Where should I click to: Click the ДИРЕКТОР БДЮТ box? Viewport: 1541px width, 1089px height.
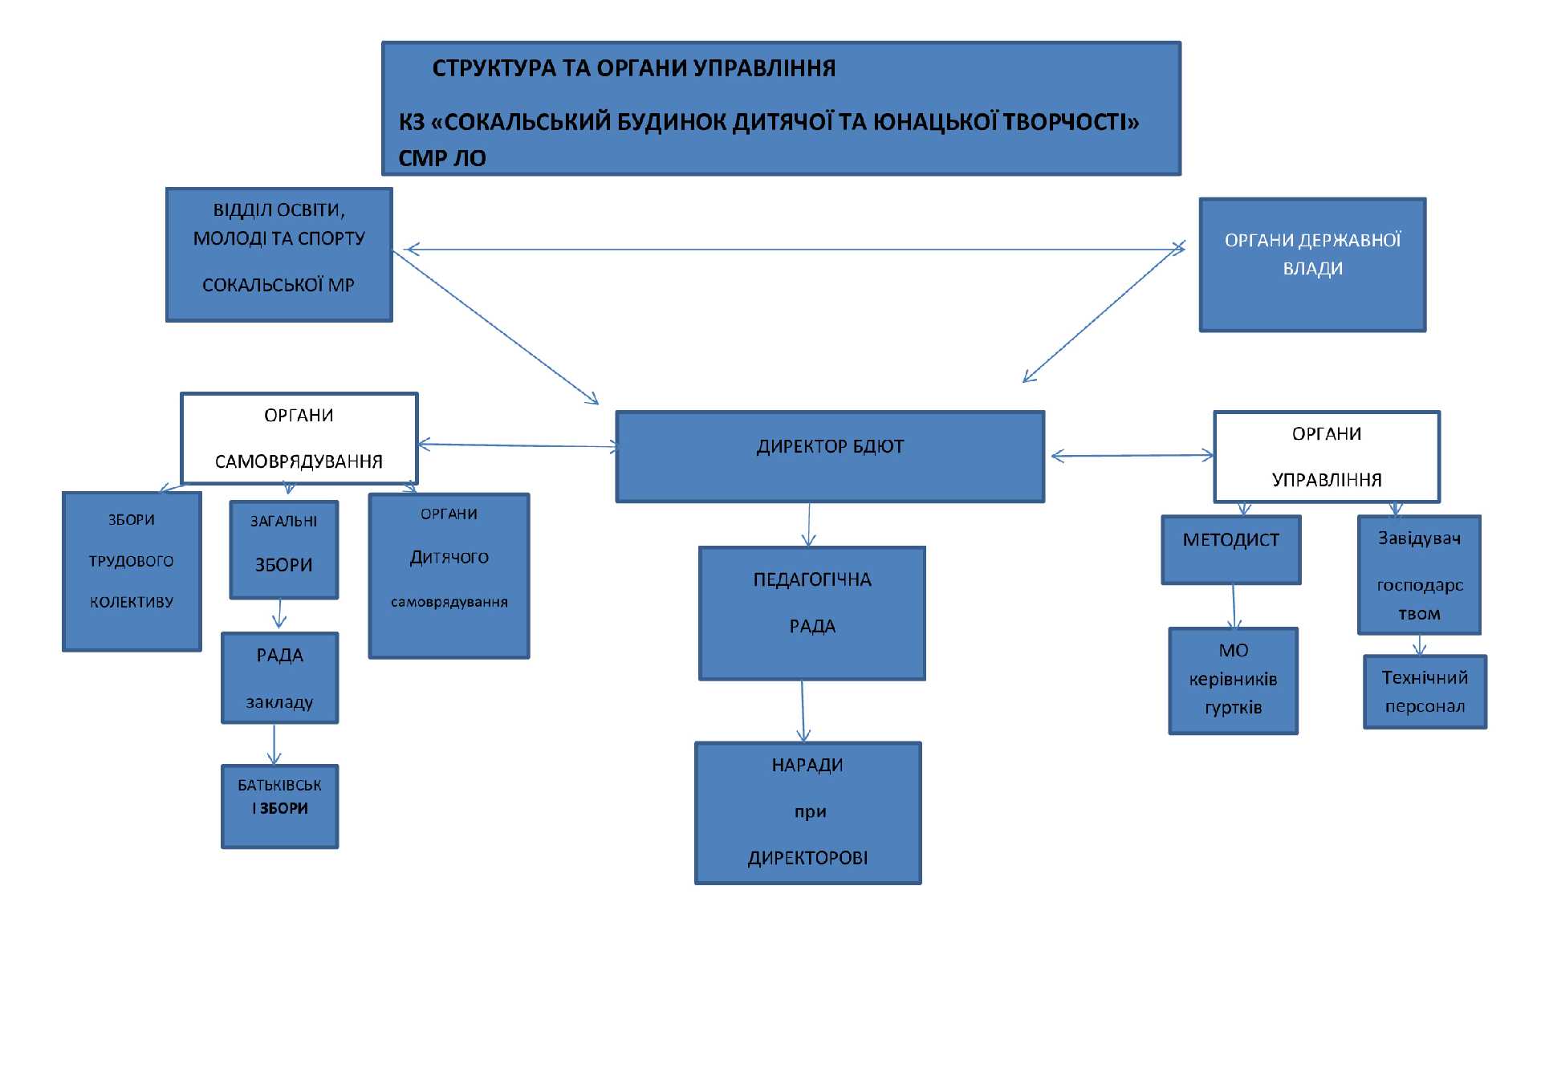tap(830, 457)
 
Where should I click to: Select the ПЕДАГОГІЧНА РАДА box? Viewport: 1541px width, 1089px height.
tap(811, 613)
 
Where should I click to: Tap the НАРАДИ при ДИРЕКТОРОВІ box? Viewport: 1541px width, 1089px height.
tap(807, 813)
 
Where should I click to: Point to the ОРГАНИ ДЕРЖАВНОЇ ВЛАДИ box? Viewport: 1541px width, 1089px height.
tap(1312, 264)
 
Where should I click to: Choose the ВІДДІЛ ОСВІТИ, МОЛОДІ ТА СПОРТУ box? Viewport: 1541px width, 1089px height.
tap(279, 254)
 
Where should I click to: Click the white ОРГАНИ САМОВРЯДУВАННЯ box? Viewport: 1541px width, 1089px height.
tap(299, 438)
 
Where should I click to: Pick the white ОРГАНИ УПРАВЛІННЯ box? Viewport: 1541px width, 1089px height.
tap(1327, 457)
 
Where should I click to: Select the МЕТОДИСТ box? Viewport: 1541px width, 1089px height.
tap(1230, 550)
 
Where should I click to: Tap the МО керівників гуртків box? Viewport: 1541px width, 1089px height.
tap(1233, 681)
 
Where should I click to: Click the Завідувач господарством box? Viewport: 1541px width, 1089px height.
tap(1419, 575)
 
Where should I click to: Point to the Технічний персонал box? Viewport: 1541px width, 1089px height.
tap(1425, 692)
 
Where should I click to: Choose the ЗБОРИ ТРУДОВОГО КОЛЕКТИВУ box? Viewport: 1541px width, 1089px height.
tap(132, 571)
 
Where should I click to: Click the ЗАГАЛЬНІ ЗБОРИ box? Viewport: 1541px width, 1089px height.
tap(283, 550)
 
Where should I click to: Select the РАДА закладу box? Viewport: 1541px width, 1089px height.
tap(279, 678)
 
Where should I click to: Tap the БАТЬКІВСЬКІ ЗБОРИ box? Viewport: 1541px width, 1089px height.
tap(279, 806)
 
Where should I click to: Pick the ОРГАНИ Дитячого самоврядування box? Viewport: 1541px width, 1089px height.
tap(449, 575)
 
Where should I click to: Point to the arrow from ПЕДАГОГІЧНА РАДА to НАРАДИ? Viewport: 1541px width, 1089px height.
tap(803, 711)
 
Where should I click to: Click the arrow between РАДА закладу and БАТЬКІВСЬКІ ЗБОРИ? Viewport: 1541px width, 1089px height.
tap(274, 744)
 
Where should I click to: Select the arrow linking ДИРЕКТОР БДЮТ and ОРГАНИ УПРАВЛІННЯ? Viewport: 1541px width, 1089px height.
tap(1132, 456)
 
